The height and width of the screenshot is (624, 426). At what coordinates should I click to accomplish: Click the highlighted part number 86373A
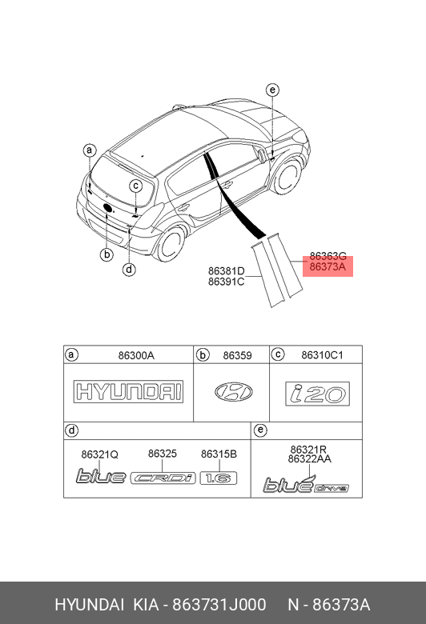(328, 266)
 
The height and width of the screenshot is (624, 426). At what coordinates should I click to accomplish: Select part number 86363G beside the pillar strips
(328, 256)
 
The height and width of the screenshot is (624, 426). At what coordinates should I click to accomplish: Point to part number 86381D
(227, 271)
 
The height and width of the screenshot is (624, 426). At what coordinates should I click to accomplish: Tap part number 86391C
(227, 282)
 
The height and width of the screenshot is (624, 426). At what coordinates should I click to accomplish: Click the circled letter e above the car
(272, 90)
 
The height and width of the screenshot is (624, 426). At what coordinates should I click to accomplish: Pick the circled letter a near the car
(90, 150)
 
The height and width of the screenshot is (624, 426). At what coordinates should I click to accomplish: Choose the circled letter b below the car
(106, 254)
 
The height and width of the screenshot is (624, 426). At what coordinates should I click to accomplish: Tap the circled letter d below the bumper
(129, 270)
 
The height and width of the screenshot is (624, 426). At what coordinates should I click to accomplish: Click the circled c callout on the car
(136, 186)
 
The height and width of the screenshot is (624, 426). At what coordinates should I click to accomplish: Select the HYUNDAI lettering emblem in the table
(128, 391)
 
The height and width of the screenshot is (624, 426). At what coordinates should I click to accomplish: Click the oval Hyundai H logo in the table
(234, 392)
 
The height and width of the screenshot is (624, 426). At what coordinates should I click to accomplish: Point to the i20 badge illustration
(318, 394)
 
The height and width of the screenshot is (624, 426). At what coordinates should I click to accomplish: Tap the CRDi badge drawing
(163, 478)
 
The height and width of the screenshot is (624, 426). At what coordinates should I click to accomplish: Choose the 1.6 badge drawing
(219, 478)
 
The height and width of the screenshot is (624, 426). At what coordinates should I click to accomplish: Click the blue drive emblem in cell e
(306, 484)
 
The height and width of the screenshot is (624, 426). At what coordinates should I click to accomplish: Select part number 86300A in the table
(136, 355)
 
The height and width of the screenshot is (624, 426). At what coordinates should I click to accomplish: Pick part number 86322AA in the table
(310, 459)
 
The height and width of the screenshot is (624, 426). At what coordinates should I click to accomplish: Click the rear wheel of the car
(171, 244)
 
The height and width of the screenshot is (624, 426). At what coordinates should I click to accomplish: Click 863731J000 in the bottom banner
(219, 605)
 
